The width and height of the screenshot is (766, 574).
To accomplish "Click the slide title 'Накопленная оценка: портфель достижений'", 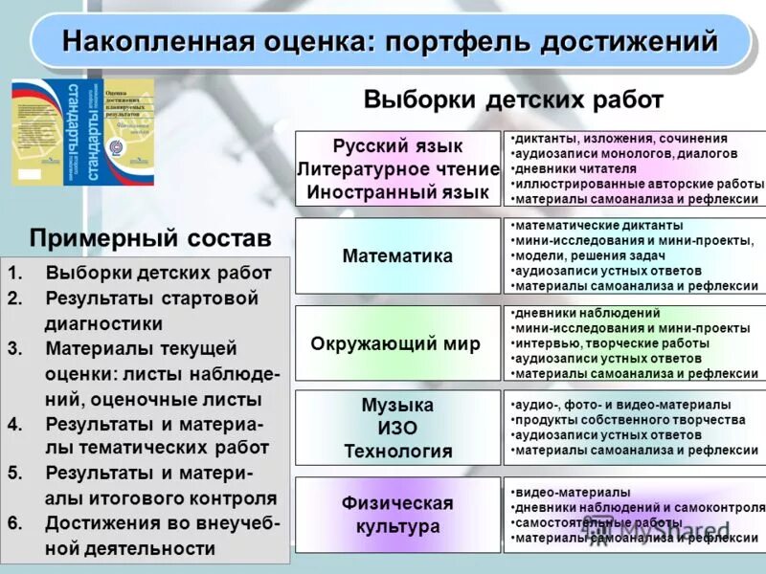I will pyautogui.click(x=390, y=42).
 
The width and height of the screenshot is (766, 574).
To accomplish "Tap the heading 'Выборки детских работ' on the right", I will pyautogui.click(x=513, y=99).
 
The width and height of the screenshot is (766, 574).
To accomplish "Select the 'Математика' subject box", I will pyautogui.click(x=397, y=256).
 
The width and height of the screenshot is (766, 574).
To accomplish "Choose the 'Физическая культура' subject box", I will pyautogui.click(x=397, y=515).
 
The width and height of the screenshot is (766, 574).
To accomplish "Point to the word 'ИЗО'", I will pyautogui.click(x=397, y=428).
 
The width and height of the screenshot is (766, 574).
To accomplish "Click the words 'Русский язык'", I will pyautogui.click(x=397, y=146).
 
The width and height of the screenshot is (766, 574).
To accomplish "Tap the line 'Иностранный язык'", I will pyautogui.click(x=397, y=191).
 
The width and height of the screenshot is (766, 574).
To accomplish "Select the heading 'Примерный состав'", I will pyautogui.click(x=150, y=236).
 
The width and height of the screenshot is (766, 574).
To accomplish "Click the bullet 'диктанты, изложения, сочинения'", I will pyautogui.click(x=620, y=139).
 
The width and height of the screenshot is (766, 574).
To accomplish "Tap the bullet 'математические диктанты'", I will pyautogui.click(x=599, y=226).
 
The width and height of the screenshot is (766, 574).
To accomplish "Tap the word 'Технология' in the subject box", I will pyautogui.click(x=397, y=451).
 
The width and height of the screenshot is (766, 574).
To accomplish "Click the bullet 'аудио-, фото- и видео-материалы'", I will pyautogui.click(x=622, y=405).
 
